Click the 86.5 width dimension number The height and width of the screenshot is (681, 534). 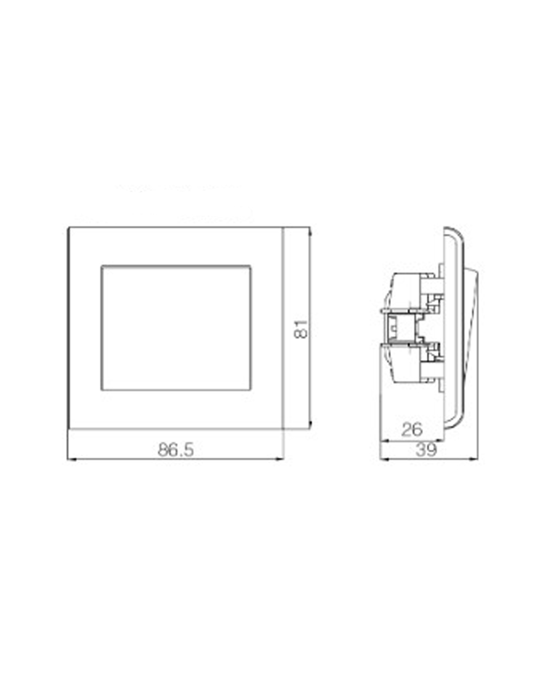click(176, 450)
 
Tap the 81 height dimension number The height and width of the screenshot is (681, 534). click(301, 329)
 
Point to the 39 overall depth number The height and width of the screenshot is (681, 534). click(426, 450)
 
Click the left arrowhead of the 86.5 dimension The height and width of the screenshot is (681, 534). click(72, 460)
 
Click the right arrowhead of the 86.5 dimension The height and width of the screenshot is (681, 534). click(279, 460)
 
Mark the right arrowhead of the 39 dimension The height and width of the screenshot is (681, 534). click(474, 460)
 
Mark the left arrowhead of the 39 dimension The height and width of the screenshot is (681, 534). click(384, 460)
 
